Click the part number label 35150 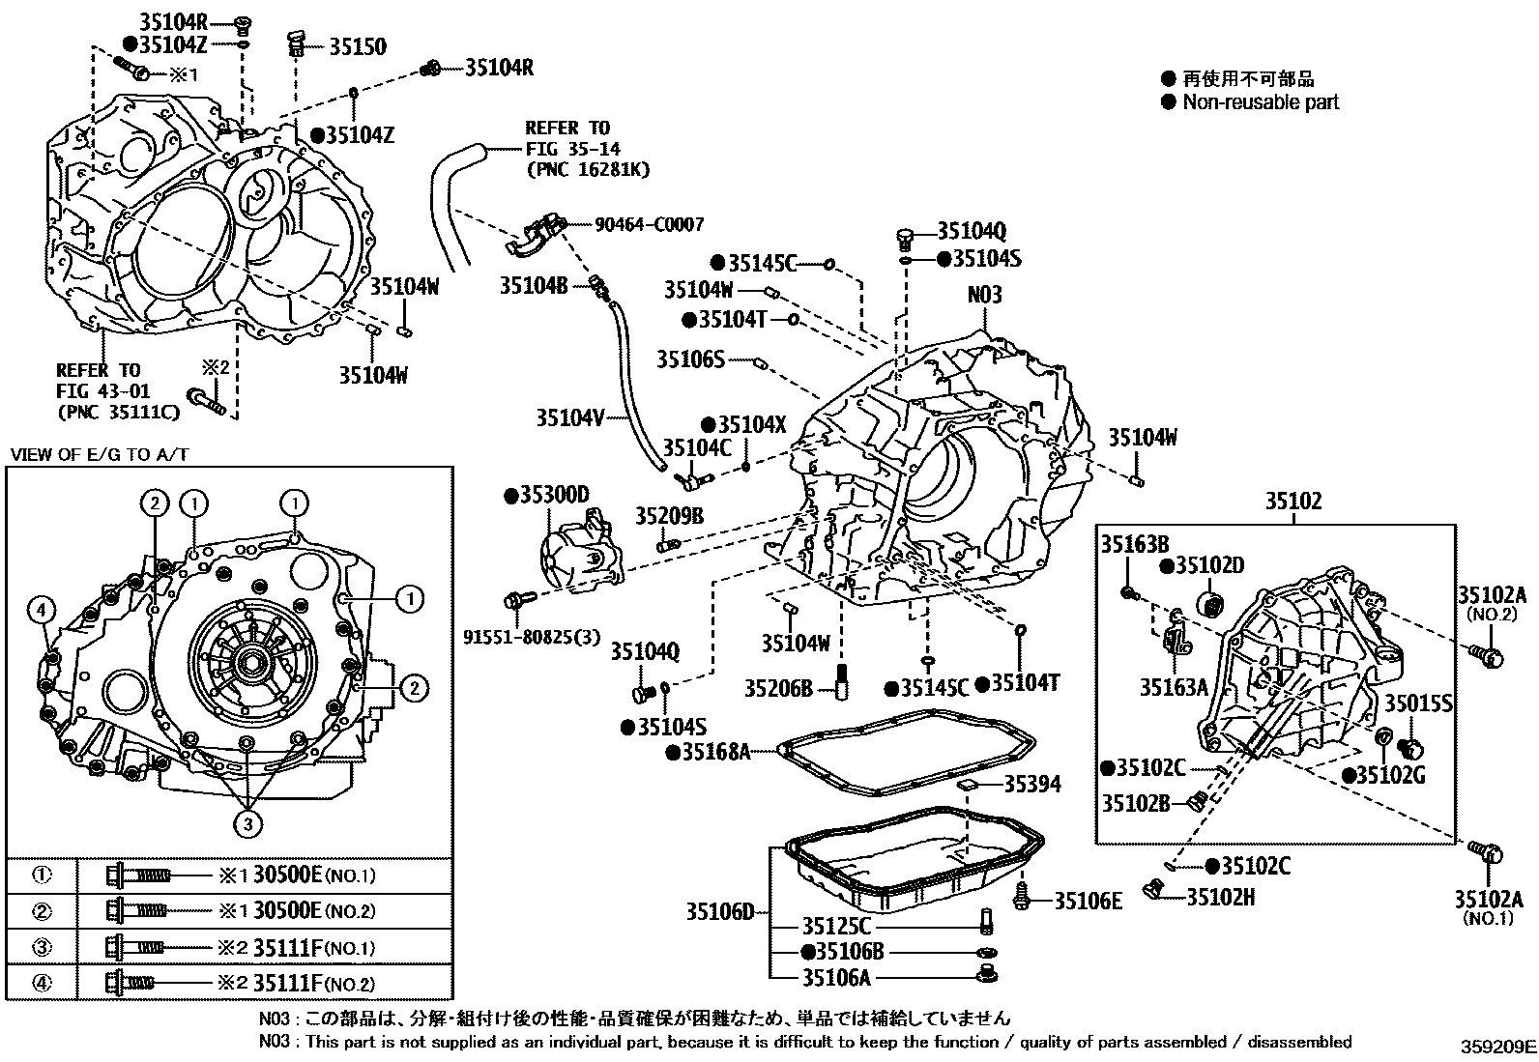point(357,46)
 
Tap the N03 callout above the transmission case point(984,295)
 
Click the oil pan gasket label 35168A point(713,751)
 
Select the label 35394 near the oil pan point(1031,784)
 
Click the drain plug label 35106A point(835,978)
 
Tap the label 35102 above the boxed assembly point(1293,502)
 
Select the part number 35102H point(1220,897)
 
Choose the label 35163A point(1173,687)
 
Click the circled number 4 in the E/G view point(40,610)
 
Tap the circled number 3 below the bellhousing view point(248,822)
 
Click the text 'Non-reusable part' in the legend point(1261,101)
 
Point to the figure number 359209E point(1497,1046)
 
